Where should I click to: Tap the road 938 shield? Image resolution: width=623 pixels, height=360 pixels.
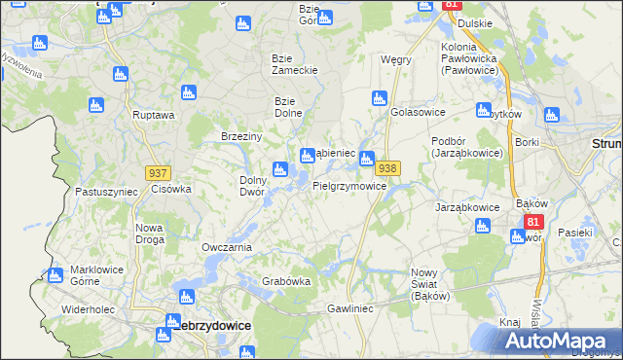pos(387,168)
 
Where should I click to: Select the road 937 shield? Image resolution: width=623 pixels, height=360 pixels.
pos(158,172)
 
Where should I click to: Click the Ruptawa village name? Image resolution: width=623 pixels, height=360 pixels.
pos(154,115)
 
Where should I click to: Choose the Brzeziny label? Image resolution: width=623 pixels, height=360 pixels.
pos(242,137)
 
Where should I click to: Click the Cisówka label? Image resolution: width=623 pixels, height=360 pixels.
pos(170,189)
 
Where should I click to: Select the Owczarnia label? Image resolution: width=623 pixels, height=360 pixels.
pos(227,247)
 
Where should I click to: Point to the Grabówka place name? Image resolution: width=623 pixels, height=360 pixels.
pos(286,282)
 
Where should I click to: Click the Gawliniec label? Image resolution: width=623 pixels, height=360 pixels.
pos(350,307)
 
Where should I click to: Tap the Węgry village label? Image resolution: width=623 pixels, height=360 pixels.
pos(396,59)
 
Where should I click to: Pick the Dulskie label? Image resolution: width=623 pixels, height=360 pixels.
pos(473,22)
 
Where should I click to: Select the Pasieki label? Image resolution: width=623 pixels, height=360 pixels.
pos(575,233)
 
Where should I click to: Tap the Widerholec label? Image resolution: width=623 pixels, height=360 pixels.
pos(89,308)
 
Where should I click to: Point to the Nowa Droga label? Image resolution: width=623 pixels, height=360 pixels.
pos(149,234)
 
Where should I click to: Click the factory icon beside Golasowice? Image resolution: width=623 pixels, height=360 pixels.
pos(380,97)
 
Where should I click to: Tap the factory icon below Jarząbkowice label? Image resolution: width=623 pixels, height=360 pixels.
pos(482,227)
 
